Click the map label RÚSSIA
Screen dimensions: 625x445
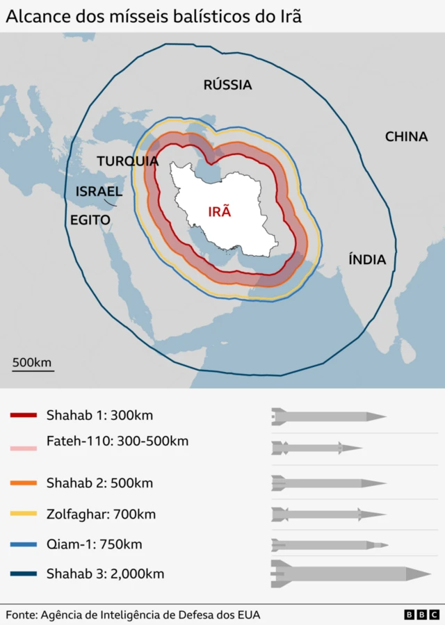coord(227,85)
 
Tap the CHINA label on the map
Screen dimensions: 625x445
coord(406,136)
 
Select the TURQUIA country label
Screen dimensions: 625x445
coord(127,161)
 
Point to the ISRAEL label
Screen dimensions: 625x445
coord(99,191)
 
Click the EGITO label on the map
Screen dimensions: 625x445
coord(90,220)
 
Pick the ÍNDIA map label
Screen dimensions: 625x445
coord(366,259)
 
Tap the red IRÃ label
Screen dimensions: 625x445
coord(219,212)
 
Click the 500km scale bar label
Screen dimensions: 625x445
coord(32,362)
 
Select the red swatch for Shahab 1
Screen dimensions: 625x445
coord(24,416)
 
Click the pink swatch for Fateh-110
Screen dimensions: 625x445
coord(24,449)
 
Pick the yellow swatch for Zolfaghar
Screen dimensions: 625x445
coord(24,514)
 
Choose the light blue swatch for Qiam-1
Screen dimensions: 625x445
coord(24,544)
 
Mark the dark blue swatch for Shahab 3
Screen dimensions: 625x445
coord(24,574)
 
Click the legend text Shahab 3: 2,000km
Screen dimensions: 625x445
coord(105,574)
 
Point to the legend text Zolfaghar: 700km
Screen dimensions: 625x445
coord(101,514)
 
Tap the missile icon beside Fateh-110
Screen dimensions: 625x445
coord(316,448)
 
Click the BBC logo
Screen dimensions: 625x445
coord(421,615)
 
